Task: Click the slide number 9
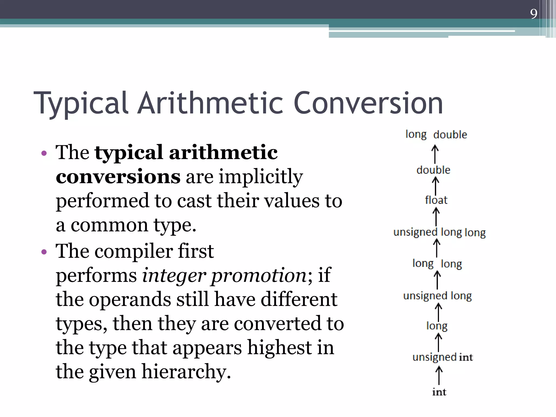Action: point(533,14)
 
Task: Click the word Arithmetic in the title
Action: point(211,103)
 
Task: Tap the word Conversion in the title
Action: point(368,103)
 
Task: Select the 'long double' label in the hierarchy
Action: point(436,135)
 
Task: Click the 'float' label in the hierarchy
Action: point(436,200)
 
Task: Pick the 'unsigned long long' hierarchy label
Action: point(439,232)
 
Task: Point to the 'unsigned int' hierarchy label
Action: point(443,357)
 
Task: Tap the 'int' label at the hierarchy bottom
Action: point(439,392)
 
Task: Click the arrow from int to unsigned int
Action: point(439,375)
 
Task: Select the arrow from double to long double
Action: point(435,154)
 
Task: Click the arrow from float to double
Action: point(435,186)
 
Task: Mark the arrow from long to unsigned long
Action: point(438,312)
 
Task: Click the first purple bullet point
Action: point(44,153)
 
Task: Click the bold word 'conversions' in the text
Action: point(118,176)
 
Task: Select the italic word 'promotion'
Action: point(259,275)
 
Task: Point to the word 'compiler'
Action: point(134,251)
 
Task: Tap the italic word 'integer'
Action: point(174,275)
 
